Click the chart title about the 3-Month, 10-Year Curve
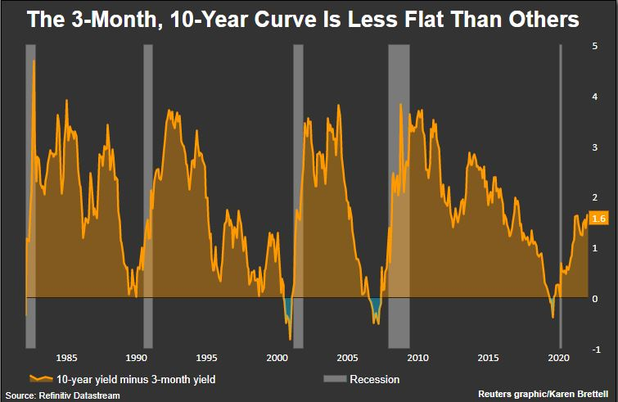pos(303,20)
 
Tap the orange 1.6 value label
pos(598,219)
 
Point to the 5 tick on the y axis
pos(595,46)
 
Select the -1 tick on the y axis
pos(595,350)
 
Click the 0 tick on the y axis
pos(595,299)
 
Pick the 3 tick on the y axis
pos(595,147)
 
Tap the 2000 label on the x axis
pos(277,357)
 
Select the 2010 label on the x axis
pos(417,357)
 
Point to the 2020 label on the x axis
pos(558,357)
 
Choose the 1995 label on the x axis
pos(206,357)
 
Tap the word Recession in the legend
pos(374,379)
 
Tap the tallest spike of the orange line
pos(34,61)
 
